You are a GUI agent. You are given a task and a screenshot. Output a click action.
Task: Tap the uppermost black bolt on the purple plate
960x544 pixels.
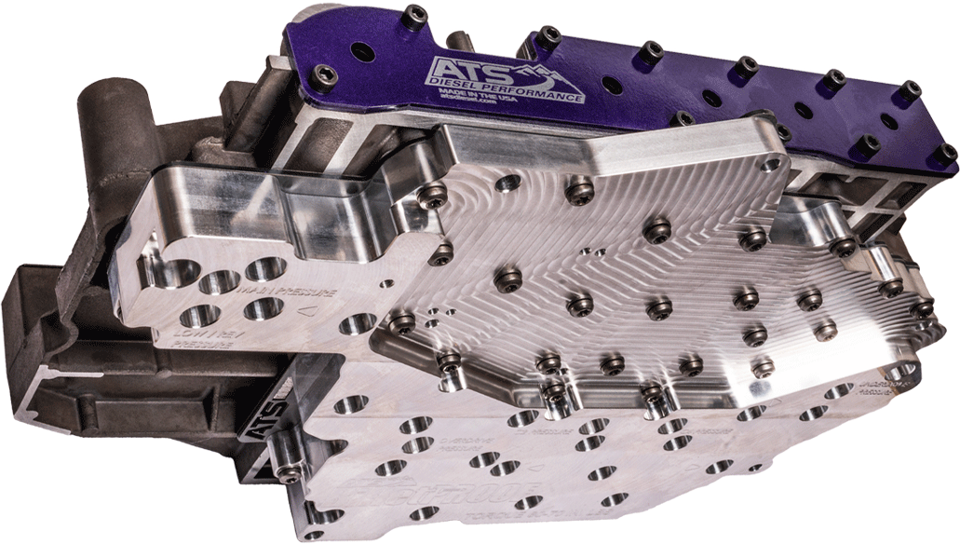coord(414,15)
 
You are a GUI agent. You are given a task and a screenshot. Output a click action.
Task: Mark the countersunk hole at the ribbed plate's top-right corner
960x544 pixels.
coord(768,163)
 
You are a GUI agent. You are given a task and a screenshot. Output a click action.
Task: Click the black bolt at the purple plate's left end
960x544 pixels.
coord(325,75)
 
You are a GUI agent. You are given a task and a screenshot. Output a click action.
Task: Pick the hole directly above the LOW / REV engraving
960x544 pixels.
coord(201,316)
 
